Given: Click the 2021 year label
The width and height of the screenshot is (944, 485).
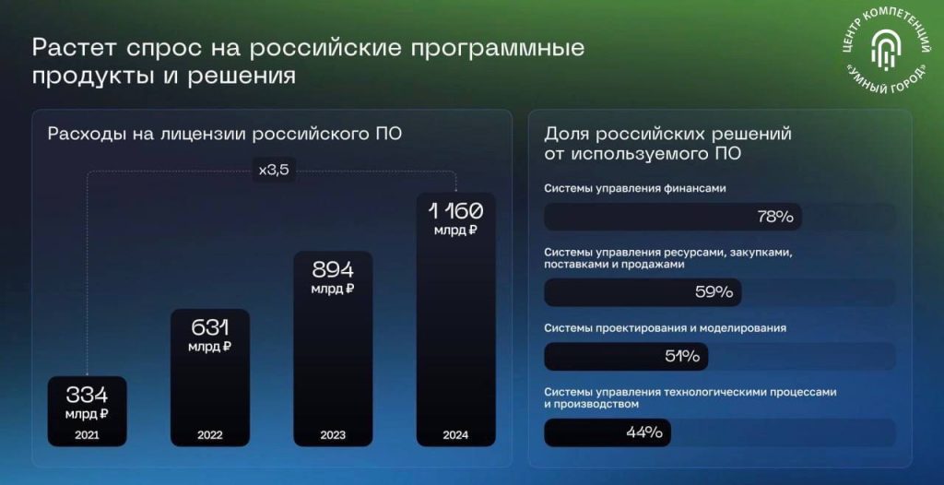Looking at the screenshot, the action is (88, 435).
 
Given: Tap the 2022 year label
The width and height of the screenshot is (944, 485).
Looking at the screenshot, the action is (210, 435).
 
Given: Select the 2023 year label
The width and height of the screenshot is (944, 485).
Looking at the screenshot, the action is (333, 435).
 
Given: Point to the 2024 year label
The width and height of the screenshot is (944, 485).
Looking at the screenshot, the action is (455, 435).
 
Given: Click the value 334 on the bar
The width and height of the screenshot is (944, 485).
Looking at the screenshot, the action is (88, 396).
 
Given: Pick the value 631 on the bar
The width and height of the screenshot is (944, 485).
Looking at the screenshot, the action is (210, 328).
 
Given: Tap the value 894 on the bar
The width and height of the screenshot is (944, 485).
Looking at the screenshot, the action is (333, 270).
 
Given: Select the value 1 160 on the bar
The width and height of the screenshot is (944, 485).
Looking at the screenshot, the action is (455, 211).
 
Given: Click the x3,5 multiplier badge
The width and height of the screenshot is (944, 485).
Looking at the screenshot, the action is (274, 170).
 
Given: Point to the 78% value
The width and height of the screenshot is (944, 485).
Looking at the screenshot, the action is (775, 217).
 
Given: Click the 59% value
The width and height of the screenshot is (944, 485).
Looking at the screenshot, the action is (714, 293).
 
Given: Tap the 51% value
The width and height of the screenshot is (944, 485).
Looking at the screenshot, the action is (682, 357).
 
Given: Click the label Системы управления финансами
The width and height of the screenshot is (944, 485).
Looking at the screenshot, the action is (635, 189).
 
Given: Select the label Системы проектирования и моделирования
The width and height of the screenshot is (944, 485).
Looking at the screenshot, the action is (666, 328).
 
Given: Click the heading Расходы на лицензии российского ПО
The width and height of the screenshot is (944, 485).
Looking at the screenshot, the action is (225, 134).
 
